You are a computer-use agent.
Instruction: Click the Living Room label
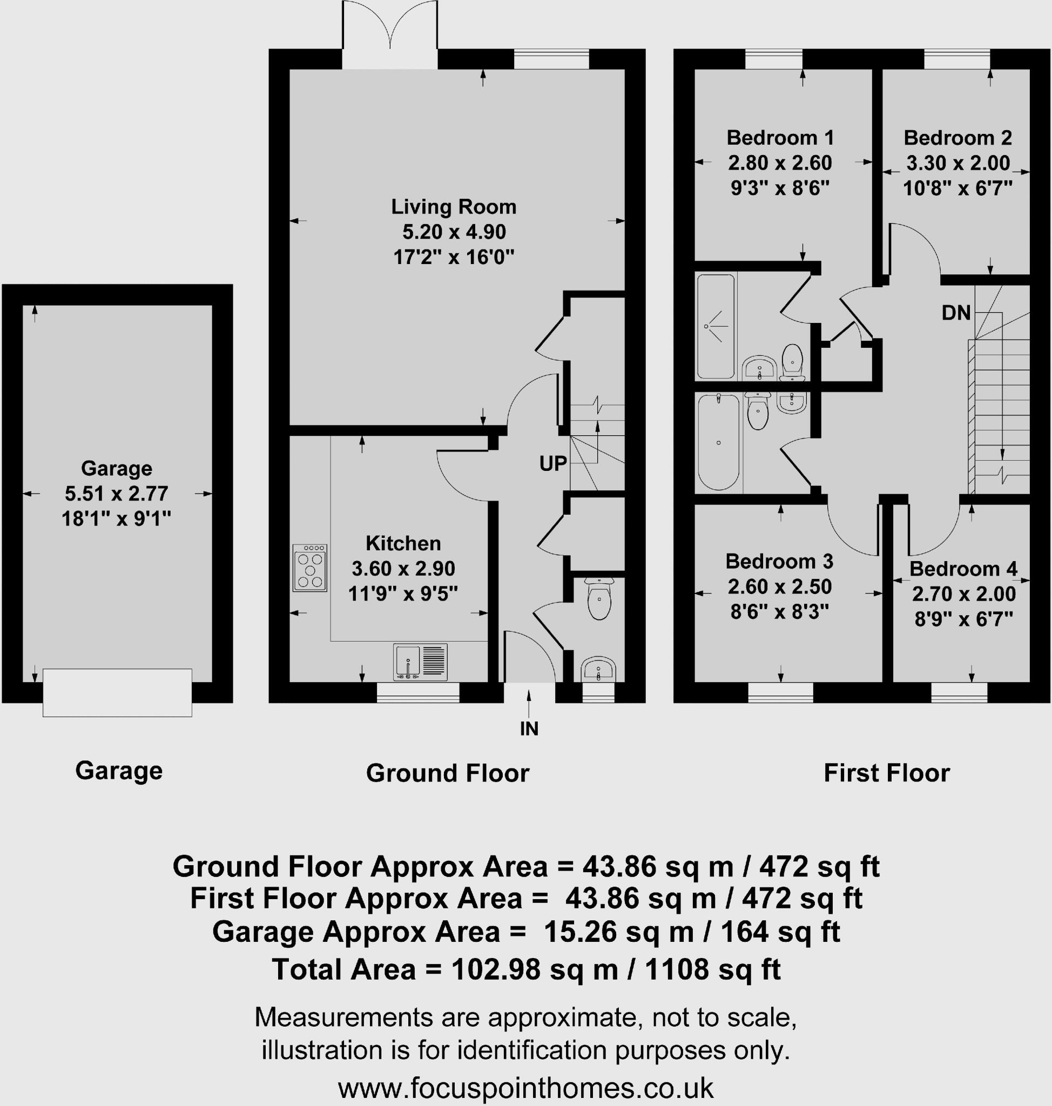(x=453, y=207)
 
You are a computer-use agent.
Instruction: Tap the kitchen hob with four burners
(x=309, y=568)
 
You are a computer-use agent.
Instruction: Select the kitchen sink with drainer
(x=420, y=662)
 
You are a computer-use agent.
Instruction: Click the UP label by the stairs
(x=553, y=464)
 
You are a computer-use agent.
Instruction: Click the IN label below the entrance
(x=529, y=729)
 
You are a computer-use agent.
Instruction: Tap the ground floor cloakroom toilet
(x=599, y=599)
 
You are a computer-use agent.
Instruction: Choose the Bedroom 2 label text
(x=957, y=138)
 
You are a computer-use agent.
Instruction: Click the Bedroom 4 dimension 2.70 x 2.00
(x=963, y=594)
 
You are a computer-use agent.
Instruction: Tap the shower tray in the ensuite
(x=715, y=326)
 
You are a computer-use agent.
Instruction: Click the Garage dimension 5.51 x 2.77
(x=116, y=494)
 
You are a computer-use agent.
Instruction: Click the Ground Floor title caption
(x=448, y=773)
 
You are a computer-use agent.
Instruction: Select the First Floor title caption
(x=886, y=773)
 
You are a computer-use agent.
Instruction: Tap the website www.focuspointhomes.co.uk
(x=525, y=1089)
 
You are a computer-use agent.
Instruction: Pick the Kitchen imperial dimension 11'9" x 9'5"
(x=403, y=594)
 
